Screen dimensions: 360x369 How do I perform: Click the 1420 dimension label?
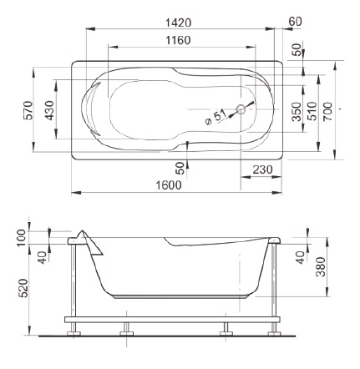pyautogui.click(x=179, y=23)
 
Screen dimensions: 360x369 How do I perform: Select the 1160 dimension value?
pyautogui.click(x=179, y=40)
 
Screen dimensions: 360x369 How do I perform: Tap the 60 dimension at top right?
pyautogui.click(x=296, y=22)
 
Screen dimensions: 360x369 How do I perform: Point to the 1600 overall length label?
pyautogui.click(x=169, y=185)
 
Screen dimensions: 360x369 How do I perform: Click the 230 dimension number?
pyautogui.click(x=262, y=169)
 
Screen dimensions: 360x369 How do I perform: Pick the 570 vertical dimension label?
pyautogui.click(x=28, y=110)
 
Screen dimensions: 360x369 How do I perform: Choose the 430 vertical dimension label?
pyautogui.click(x=50, y=110)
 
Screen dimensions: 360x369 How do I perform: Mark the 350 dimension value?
pyautogui.click(x=297, y=112)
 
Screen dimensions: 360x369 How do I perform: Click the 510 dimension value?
pyautogui.click(x=312, y=111)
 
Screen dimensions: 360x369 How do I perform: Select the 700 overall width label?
pyautogui.click(x=328, y=111)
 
